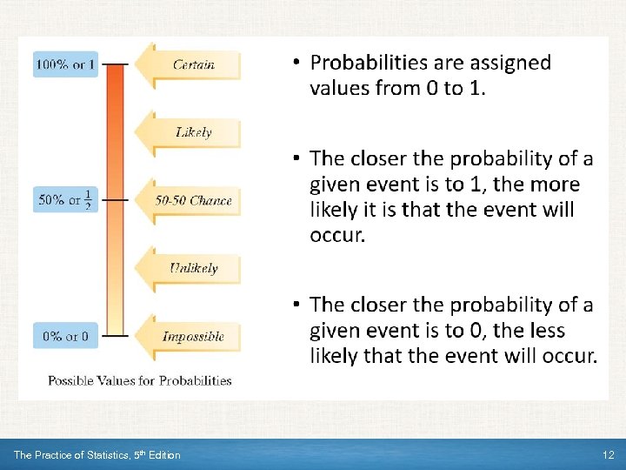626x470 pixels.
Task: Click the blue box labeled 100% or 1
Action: [x=66, y=64]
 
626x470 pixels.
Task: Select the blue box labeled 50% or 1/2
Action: [x=66, y=200]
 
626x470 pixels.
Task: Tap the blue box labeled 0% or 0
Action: [x=66, y=336]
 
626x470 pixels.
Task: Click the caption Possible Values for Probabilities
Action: [x=139, y=380]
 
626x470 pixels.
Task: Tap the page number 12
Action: [x=608, y=455]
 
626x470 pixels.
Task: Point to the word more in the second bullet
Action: [x=556, y=185]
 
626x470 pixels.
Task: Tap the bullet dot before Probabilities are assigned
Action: [x=296, y=63]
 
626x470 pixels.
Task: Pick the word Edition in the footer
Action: [x=163, y=455]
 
